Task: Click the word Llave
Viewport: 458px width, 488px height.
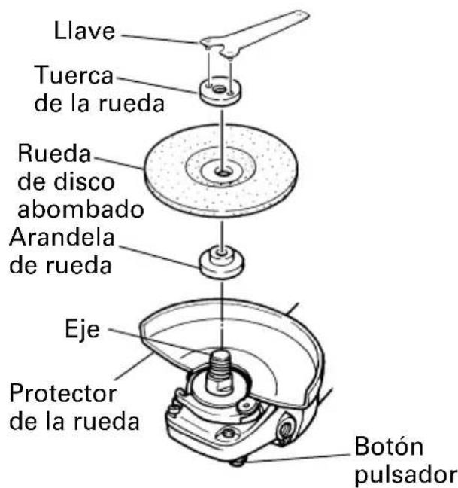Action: [x=84, y=30]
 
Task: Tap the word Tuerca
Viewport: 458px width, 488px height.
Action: [x=74, y=75]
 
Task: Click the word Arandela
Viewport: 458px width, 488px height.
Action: [x=62, y=237]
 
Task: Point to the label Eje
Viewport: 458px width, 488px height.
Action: [x=82, y=330]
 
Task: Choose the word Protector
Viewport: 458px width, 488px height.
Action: [x=63, y=393]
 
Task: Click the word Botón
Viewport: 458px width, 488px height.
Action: [x=389, y=447]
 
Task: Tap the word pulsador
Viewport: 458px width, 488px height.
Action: [x=405, y=475]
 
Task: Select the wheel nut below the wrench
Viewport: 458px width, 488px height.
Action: [x=220, y=90]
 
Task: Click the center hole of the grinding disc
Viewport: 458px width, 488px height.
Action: [x=223, y=172]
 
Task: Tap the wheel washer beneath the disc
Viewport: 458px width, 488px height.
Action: [x=222, y=261]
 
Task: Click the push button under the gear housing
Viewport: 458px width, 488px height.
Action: [x=238, y=462]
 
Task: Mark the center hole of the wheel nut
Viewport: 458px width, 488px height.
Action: [x=220, y=90]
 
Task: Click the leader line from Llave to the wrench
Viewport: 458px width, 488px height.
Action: [x=161, y=39]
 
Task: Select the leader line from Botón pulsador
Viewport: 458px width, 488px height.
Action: [x=299, y=458]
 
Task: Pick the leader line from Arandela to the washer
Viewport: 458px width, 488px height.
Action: [x=159, y=257]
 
